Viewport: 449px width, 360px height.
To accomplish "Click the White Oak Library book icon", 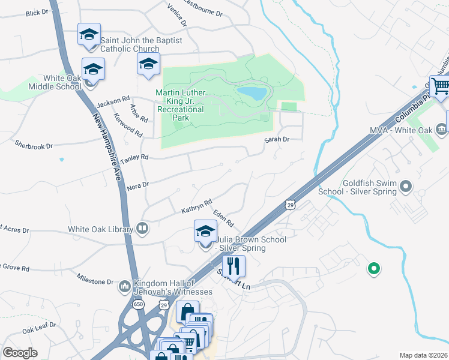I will [x=142, y=228].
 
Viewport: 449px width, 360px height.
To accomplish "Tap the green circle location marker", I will [x=373, y=269].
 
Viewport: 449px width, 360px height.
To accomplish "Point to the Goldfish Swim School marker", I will [x=406, y=187].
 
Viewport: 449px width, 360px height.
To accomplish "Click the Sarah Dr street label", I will [x=278, y=139].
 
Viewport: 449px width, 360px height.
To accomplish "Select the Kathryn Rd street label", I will [x=196, y=206].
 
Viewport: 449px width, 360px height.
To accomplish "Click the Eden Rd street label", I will [x=222, y=218].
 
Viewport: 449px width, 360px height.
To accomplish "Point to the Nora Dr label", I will [x=137, y=187].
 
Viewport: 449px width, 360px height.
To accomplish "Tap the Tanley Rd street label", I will [x=134, y=159].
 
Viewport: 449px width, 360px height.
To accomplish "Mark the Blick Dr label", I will [x=37, y=12].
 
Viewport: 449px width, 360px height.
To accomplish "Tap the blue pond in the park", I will [x=252, y=93].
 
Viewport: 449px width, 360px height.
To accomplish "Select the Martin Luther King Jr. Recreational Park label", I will [x=181, y=105].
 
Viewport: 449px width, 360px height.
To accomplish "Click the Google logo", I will [x=20, y=353].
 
